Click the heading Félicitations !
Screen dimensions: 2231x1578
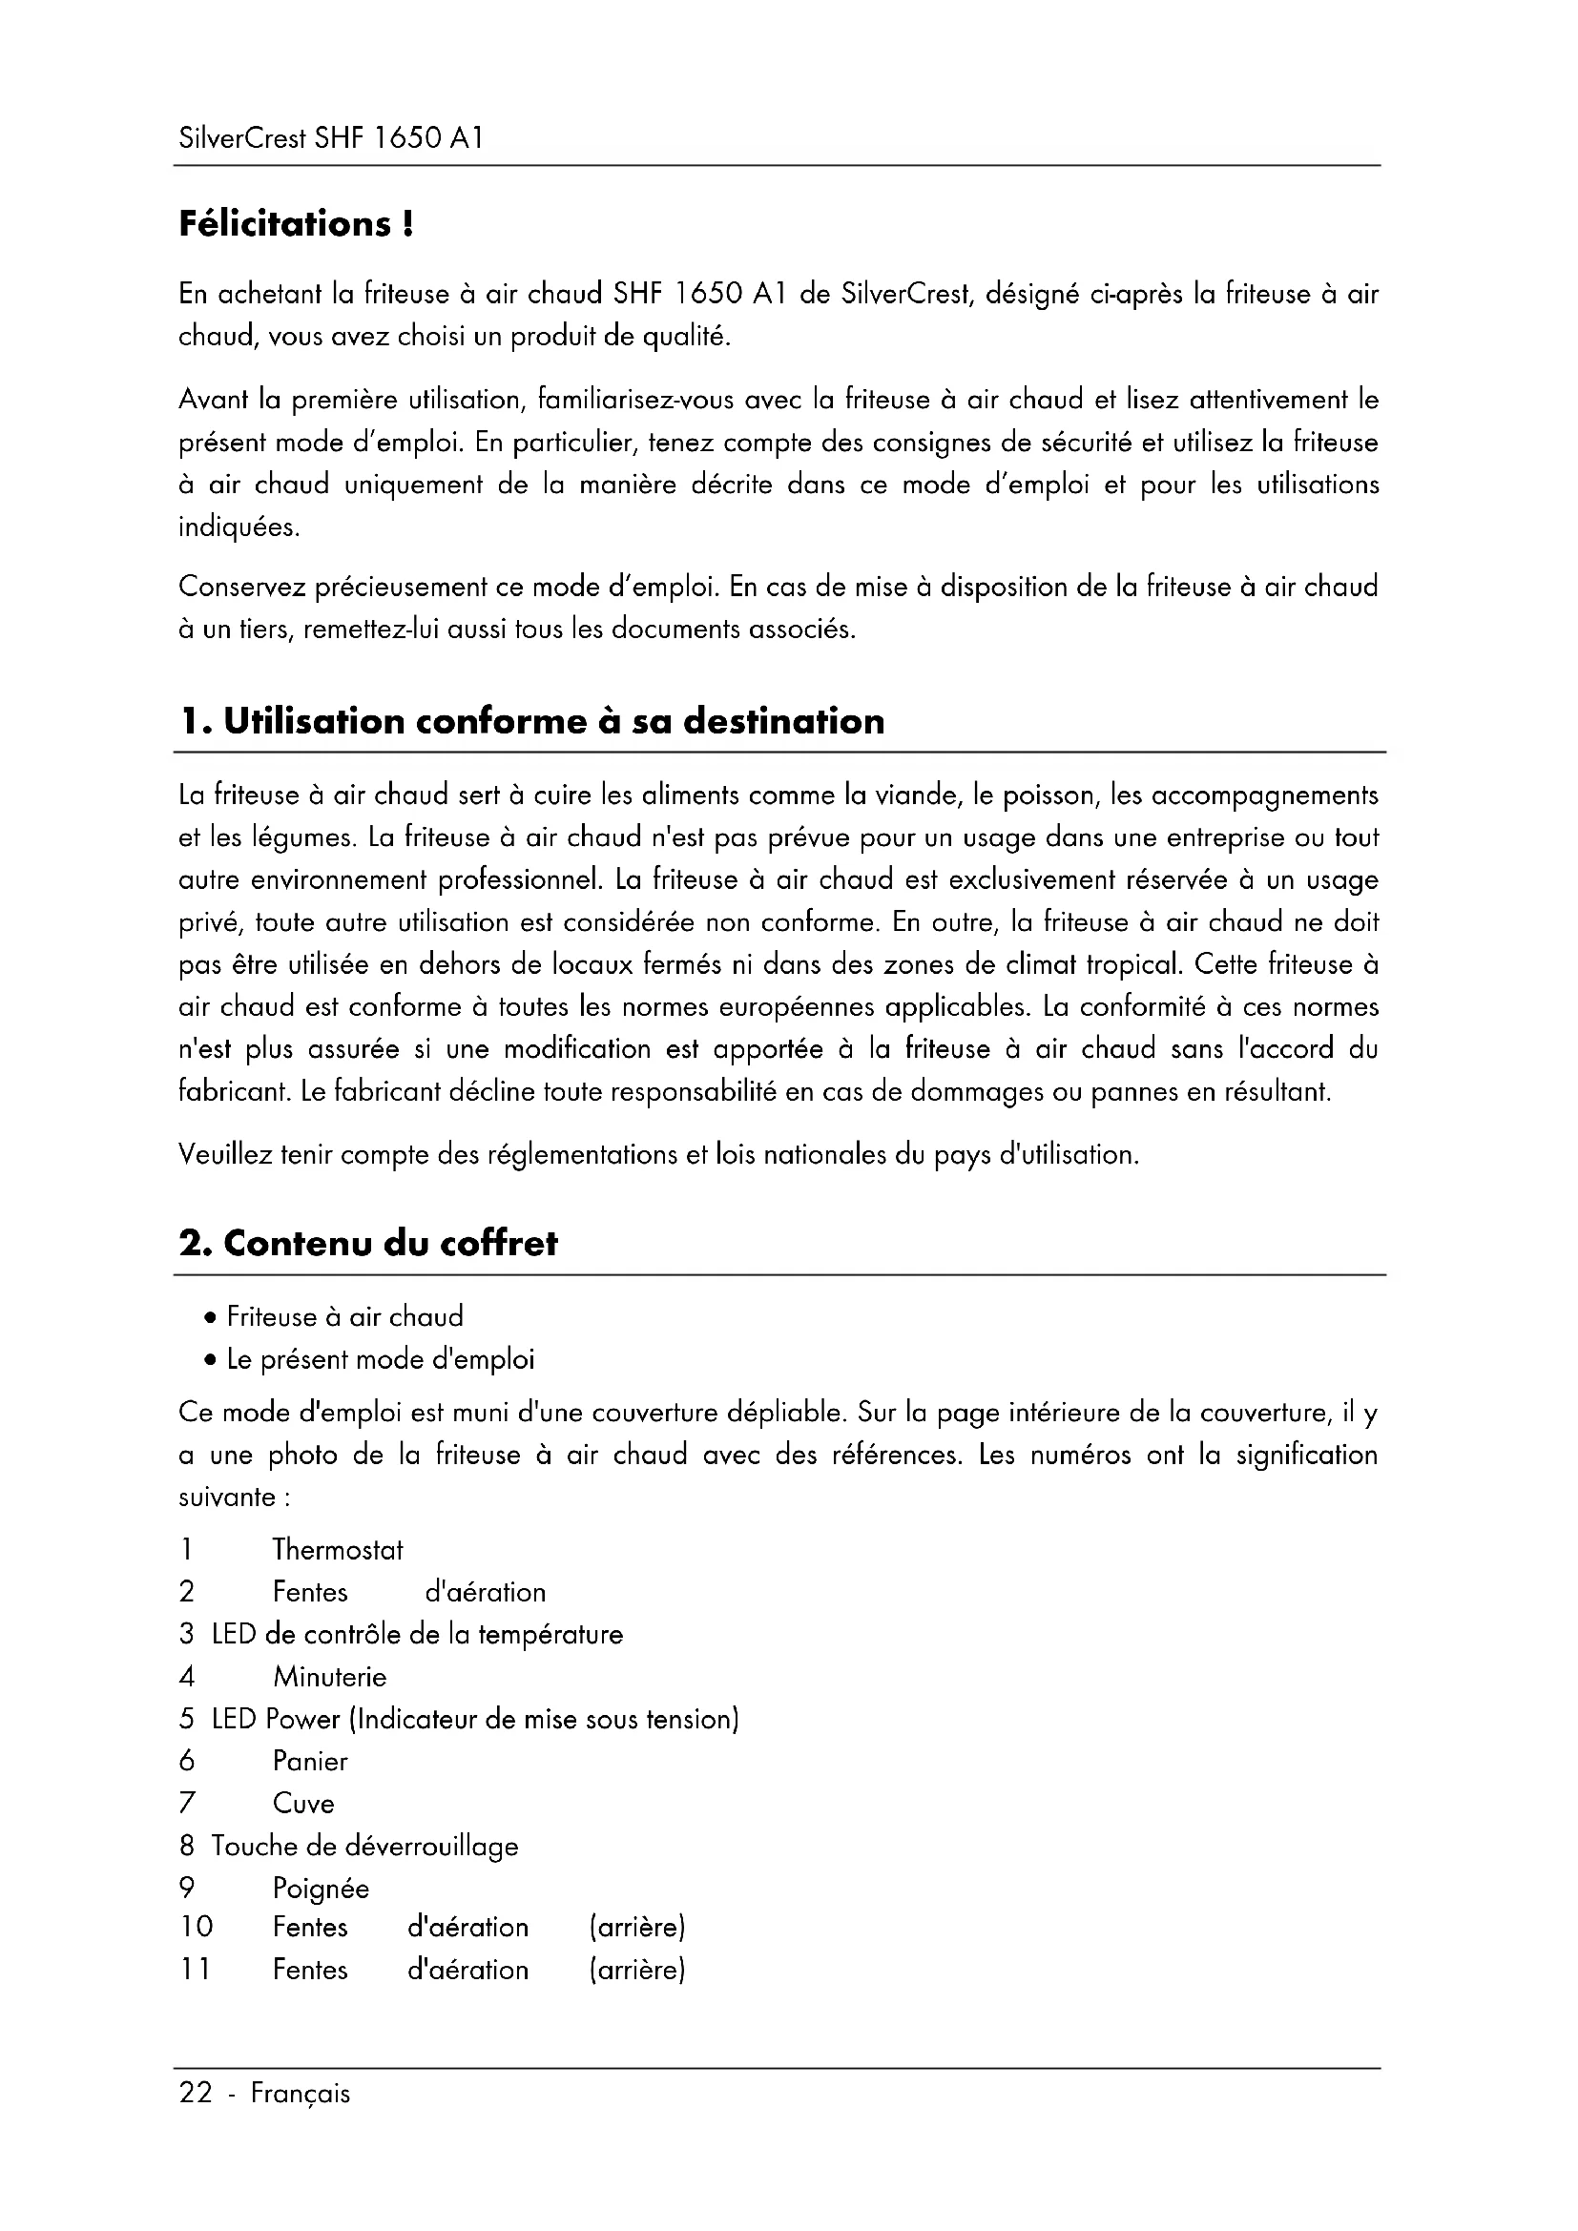tap(297, 224)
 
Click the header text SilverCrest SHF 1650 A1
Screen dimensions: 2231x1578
tap(330, 138)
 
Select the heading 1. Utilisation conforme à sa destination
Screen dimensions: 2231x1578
tap(532, 722)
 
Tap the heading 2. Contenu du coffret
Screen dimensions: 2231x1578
tap(368, 1244)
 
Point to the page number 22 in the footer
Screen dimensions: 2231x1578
tap(196, 2092)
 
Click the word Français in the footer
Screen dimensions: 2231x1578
tap(301, 2093)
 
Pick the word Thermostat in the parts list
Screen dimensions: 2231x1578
tap(337, 1550)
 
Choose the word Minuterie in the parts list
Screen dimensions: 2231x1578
tap(329, 1677)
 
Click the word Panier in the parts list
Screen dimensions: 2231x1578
tap(310, 1762)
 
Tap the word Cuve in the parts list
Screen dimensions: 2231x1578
tap(303, 1804)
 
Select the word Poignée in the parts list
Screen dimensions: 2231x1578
tap(321, 1889)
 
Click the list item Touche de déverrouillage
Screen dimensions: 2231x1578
tap(364, 1847)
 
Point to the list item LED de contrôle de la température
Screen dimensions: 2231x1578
tap(417, 1635)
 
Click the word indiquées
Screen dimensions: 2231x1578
tap(239, 527)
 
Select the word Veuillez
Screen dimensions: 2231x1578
tap(224, 1155)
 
